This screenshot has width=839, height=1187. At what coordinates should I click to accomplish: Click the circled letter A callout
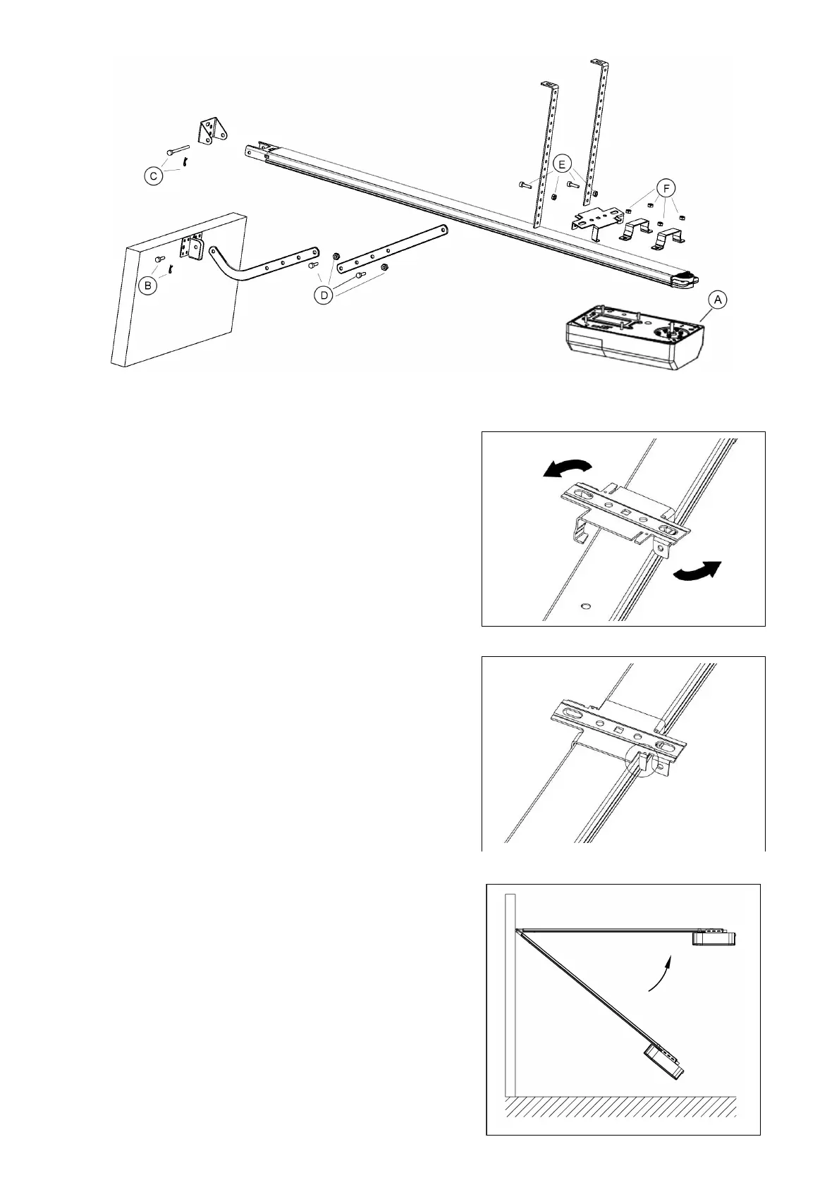pos(717,300)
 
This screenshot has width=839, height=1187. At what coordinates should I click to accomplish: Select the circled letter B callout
pos(147,285)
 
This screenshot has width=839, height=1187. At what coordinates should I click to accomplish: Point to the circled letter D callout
pos(324,295)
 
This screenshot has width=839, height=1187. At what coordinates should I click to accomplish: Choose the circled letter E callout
pos(561,164)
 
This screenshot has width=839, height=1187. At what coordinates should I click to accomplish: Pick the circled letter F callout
pos(665,188)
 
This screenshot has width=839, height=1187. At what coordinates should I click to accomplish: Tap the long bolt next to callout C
pos(179,150)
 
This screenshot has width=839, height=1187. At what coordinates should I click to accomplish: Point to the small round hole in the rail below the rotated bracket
pos(586,605)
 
